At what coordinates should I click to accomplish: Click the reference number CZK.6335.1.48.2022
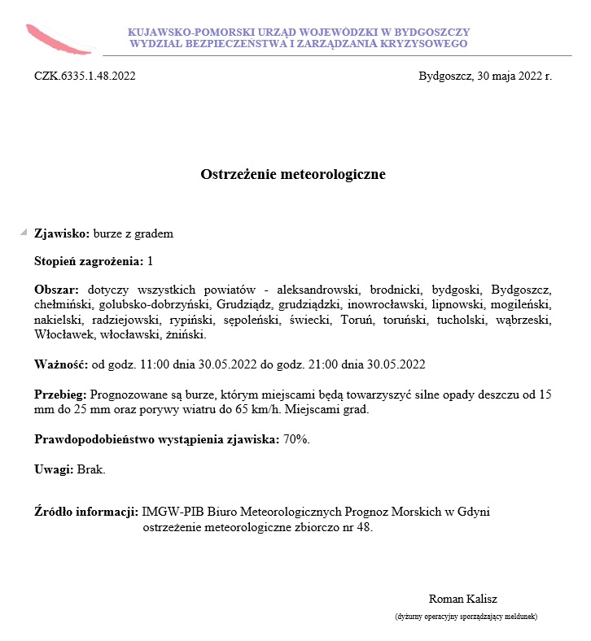pyautogui.click(x=85, y=76)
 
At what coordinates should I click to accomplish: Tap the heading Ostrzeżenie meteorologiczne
pyautogui.click(x=293, y=174)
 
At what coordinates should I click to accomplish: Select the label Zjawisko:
pyautogui.click(x=62, y=233)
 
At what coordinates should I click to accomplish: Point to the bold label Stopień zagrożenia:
pyautogui.click(x=89, y=261)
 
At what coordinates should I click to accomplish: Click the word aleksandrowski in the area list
pyautogui.click(x=318, y=289)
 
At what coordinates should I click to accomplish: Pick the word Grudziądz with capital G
pyautogui.click(x=241, y=304)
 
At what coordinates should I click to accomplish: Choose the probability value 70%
pyautogui.click(x=296, y=439)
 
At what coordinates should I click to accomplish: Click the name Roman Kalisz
pyautogui.click(x=462, y=599)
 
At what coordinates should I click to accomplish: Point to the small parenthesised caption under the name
pyautogui.click(x=466, y=617)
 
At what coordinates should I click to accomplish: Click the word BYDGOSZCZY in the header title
pyautogui.click(x=427, y=32)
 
